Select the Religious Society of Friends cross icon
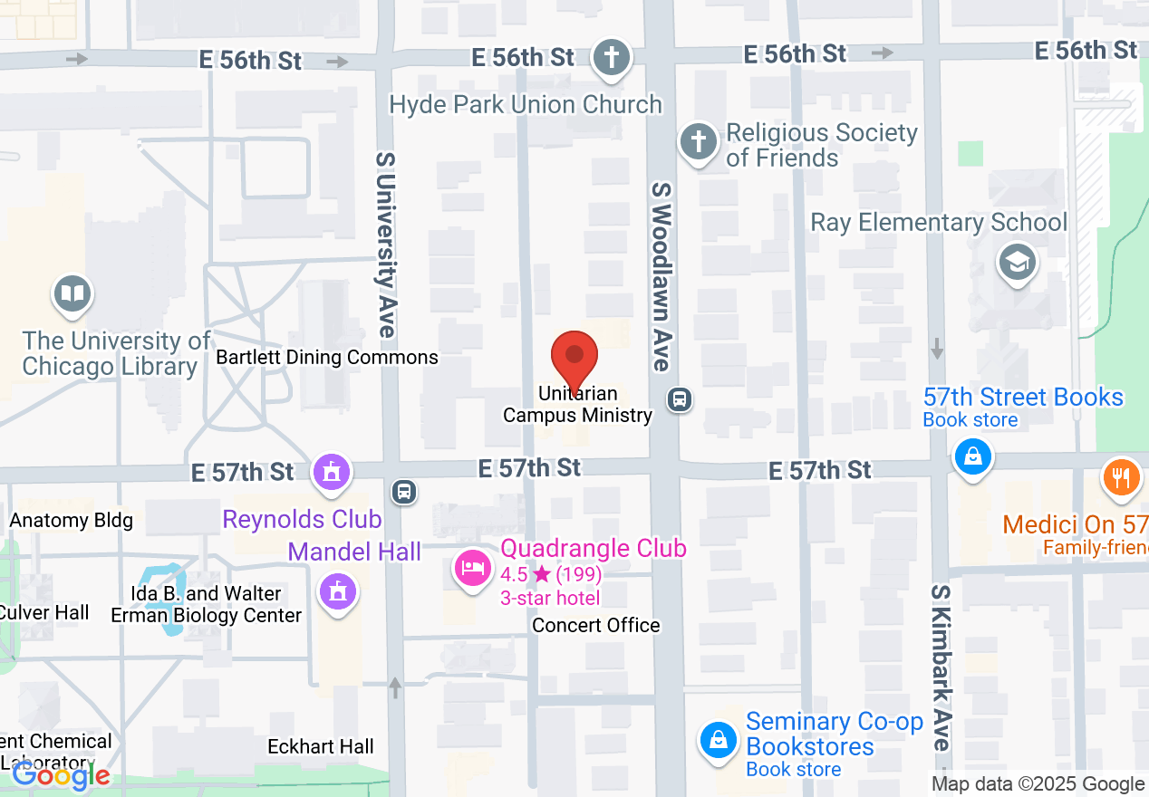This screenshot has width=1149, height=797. pyautogui.click(x=698, y=142)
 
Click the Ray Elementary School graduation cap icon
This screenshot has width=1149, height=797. pyautogui.click(x=1017, y=263)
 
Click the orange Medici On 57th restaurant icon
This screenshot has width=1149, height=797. pyautogui.click(x=1121, y=476)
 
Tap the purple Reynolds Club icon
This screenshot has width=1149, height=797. pyautogui.click(x=331, y=472)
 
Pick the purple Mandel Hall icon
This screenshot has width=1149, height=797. pyautogui.click(x=338, y=592)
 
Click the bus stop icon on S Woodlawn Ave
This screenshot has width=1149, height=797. pyautogui.click(x=679, y=399)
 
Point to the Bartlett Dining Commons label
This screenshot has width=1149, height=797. pyautogui.click(x=326, y=358)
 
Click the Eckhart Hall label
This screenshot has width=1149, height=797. pyautogui.click(x=321, y=747)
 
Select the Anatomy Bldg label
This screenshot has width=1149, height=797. pyautogui.click(x=71, y=520)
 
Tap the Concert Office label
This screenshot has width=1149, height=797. pyautogui.click(x=595, y=626)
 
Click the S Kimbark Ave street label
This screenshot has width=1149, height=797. pyautogui.click(x=941, y=667)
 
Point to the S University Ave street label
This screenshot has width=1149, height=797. pyautogui.click(x=386, y=245)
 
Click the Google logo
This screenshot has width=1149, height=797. pyautogui.click(x=61, y=775)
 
